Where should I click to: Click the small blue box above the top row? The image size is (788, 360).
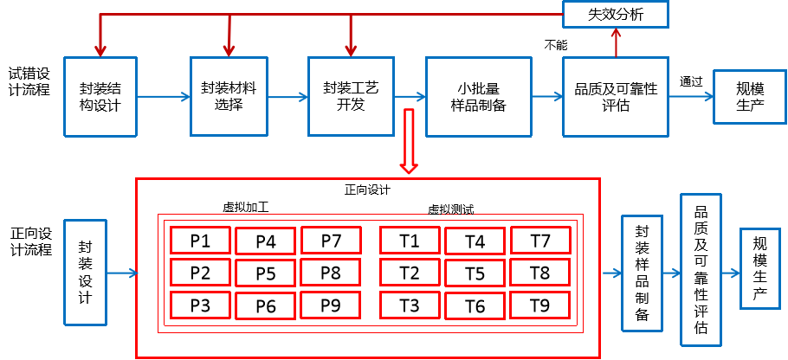615,14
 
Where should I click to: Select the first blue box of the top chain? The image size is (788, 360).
100,97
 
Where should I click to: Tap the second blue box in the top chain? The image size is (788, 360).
229,96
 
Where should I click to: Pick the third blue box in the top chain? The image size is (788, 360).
351,96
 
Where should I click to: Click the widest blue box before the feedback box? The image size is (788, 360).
478,97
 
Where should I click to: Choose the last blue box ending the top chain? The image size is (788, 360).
749,97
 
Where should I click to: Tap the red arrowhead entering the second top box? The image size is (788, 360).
229,50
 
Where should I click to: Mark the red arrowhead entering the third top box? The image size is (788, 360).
351,50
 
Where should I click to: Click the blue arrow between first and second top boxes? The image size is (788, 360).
164,97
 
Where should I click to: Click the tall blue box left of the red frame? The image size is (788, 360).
85,273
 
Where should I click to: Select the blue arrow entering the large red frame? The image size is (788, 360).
122,273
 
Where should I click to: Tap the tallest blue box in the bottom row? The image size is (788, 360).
701,270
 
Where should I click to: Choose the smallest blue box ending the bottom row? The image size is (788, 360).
759,268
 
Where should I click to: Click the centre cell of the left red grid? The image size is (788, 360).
265,273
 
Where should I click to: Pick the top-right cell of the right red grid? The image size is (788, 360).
540,240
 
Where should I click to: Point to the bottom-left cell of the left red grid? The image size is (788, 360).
200,305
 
